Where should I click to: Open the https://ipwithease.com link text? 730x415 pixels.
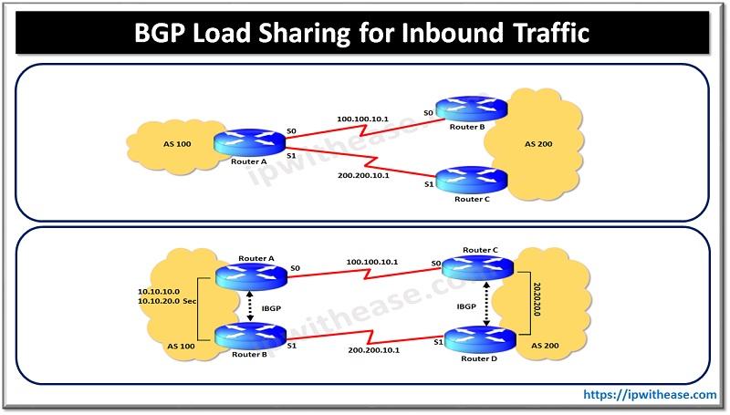650,394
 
